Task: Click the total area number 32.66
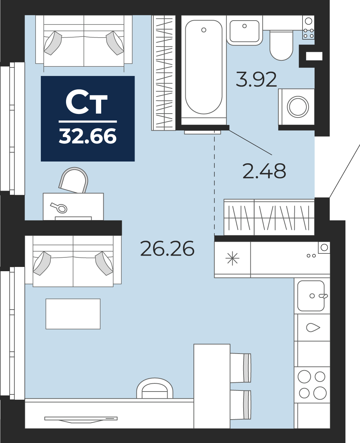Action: point(88,136)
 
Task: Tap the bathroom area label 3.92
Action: point(256,79)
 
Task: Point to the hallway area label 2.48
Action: point(264,171)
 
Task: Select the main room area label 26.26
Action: point(168,248)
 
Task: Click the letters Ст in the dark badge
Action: point(87,102)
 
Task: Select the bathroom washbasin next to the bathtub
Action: point(245,31)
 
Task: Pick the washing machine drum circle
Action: point(298,107)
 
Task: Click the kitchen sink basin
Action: point(311,296)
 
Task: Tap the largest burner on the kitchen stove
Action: point(320,393)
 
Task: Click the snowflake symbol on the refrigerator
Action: point(232,258)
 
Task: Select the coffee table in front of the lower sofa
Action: point(73,314)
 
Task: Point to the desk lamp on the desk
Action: point(59,208)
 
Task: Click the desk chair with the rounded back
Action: point(73,180)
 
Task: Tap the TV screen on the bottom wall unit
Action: point(81,419)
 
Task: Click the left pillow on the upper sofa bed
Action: point(53,43)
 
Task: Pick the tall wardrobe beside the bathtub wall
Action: point(163,73)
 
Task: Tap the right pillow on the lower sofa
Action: point(104,263)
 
